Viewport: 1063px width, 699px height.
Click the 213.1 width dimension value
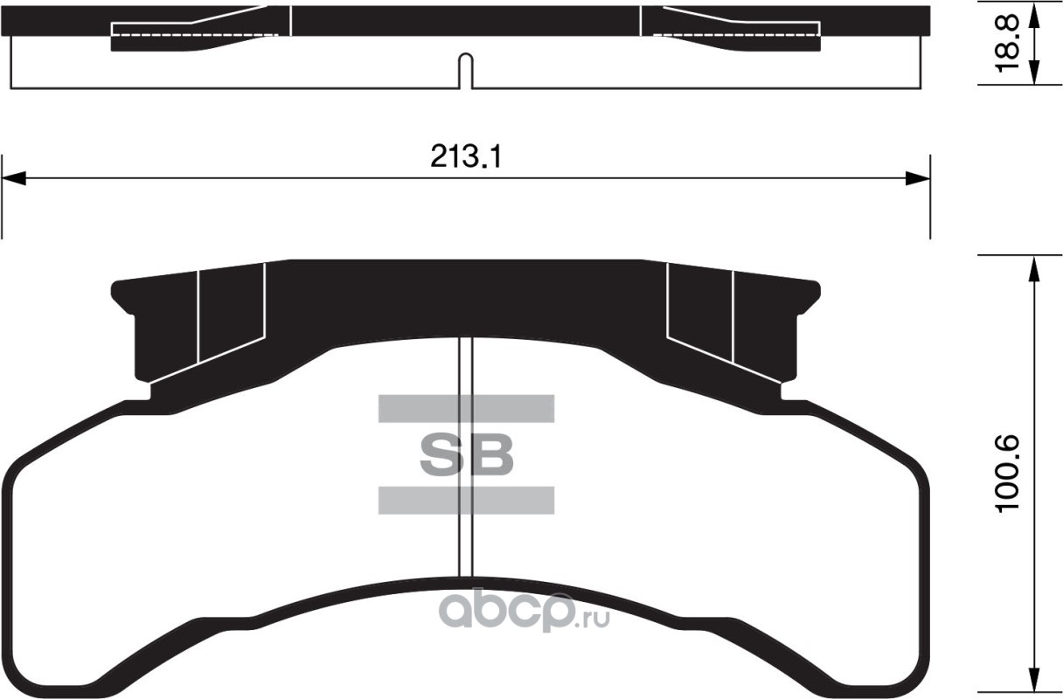click(466, 156)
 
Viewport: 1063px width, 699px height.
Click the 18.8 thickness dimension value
click(1005, 43)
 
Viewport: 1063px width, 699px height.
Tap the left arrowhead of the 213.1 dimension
click(13, 179)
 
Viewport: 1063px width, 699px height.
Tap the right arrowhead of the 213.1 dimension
click(918, 179)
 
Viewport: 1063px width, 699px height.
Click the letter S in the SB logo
click(440, 454)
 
